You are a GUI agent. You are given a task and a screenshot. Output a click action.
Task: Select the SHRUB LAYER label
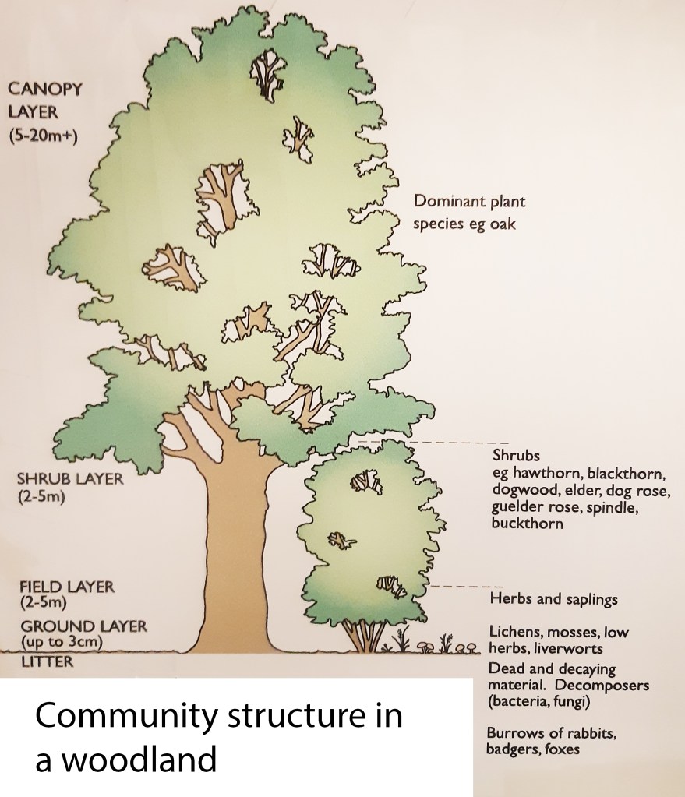coord(70,478)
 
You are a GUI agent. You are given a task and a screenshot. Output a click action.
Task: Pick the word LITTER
coord(48,662)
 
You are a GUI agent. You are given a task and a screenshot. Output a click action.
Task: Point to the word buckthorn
coord(527,524)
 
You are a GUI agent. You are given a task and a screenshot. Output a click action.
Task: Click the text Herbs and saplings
coord(553,600)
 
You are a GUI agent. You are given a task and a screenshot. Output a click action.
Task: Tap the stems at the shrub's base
coord(364,637)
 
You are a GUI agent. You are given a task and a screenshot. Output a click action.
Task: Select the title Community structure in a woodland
coord(218,736)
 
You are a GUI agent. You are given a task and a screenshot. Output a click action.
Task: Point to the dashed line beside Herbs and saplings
coord(468,585)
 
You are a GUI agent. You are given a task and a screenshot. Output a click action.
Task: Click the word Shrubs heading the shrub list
coord(516,455)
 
